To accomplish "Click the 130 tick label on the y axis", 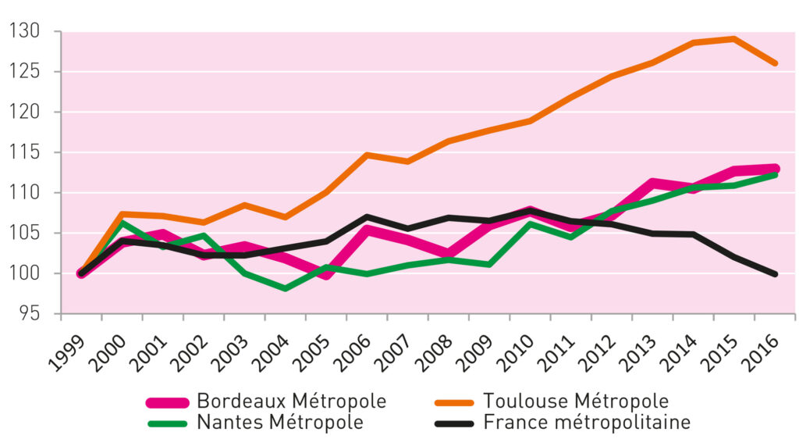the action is coord(24,31).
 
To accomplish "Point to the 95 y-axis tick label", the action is coord(29,313).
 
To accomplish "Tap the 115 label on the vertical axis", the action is coord(24,152).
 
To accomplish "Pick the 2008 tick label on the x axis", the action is coord(434,353).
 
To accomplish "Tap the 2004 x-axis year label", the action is coord(271,353).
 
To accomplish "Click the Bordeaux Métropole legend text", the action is coord(292,402).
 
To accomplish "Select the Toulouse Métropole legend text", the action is coord(576,402).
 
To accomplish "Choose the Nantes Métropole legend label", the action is coord(280,423).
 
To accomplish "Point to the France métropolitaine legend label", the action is coord(587,423).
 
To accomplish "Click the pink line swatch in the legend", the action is coord(167,402).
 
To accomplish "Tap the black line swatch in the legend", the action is coord(454,423).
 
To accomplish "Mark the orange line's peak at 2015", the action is coord(733,39).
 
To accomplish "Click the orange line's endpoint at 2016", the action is coord(775,63).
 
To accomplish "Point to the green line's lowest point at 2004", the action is coord(286,289).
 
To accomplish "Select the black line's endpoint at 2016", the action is coord(775,274).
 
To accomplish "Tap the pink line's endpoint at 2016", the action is coord(775,168).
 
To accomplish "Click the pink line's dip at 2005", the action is coord(326,275).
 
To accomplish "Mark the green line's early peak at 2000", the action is coord(123,223).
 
